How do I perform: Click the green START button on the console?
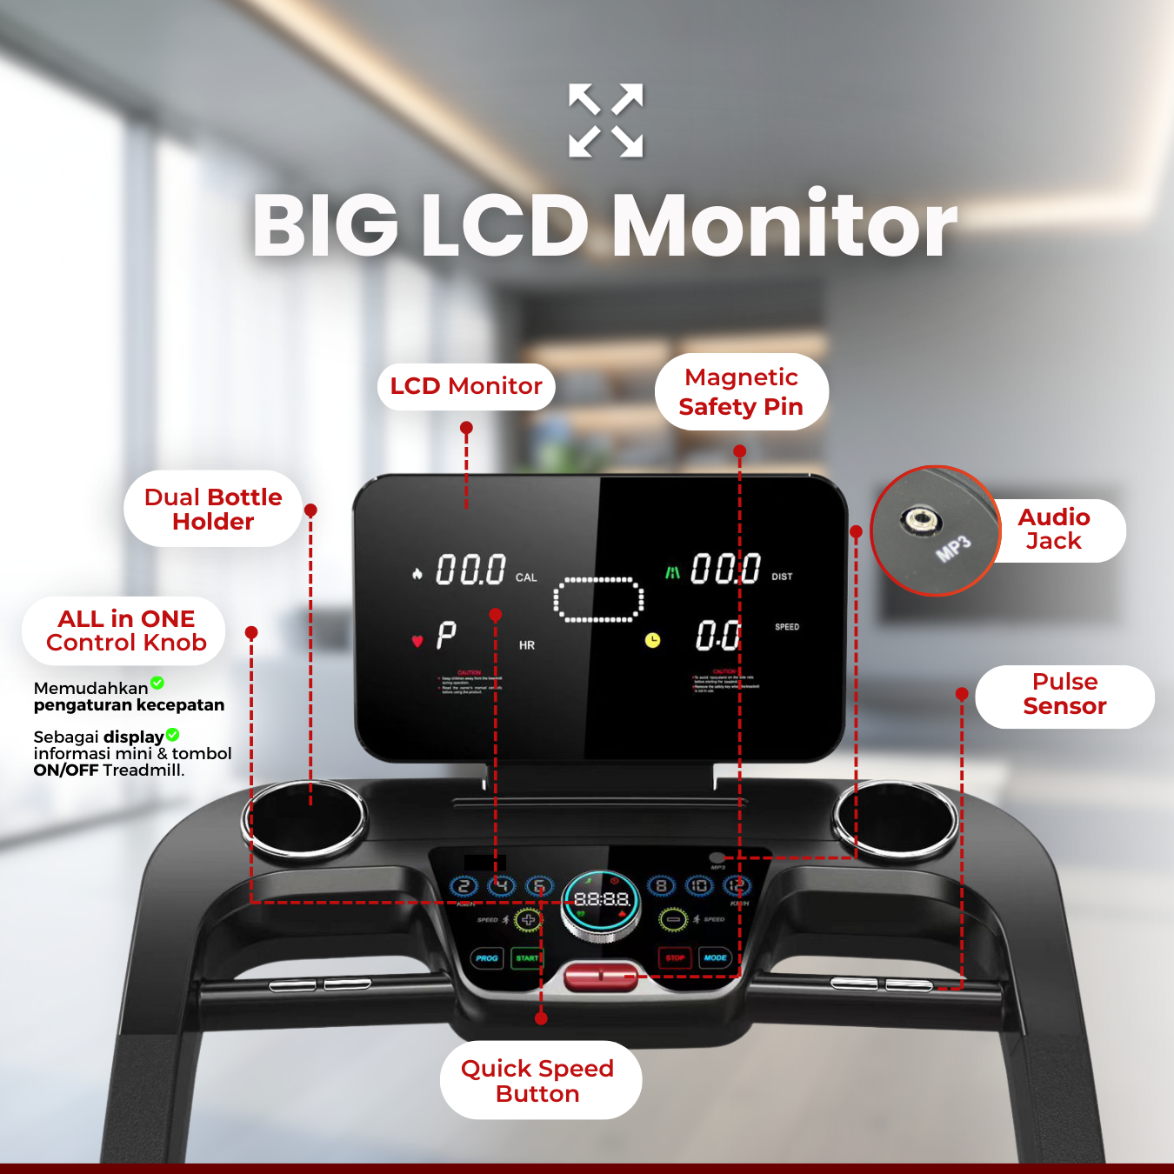coord(527,958)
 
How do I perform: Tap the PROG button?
coord(487,958)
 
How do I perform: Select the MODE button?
coord(716,957)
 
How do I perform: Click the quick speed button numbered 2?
coord(464,886)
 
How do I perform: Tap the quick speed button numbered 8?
coord(661,886)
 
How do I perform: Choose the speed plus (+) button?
coord(528,919)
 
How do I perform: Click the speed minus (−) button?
coord(673,919)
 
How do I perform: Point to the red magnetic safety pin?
coord(601,976)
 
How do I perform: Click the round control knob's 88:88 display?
coord(602,899)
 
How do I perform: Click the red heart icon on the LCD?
coord(417,641)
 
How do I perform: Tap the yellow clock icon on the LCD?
coord(652,641)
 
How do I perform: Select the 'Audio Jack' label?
coord(1054,530)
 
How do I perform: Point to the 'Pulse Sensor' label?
coord(1064,694)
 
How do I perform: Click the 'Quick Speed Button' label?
coord(538,1081)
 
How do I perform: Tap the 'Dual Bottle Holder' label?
coord(213,510)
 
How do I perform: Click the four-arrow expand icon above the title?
coord(606,121)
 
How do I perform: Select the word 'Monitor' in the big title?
coord(784,225)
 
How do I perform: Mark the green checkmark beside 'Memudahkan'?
coord(157,684)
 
